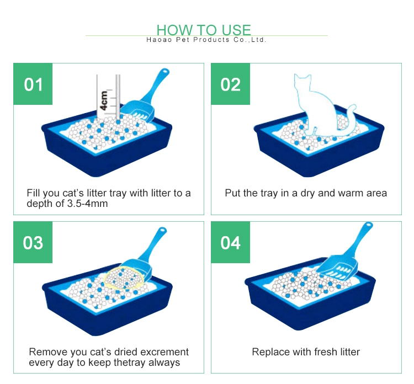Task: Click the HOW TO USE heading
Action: tap(204, 30)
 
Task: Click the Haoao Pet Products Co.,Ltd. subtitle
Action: tap(206, 40)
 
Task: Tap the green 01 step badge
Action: tap(33, 84)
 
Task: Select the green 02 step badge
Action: tap(231, 84)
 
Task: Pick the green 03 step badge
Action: tap(33, 242)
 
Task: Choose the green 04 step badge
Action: tap(231, 242)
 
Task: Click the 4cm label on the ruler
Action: tap(104, 100)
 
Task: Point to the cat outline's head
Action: tap(302, 82)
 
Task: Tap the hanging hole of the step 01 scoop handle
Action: tap(165, 71)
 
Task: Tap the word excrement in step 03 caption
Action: tap(164, 352)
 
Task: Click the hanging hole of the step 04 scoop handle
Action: tap(369, 226)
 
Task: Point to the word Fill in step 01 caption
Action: tap(34, 193)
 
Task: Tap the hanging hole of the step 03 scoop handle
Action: tap(163, 230)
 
